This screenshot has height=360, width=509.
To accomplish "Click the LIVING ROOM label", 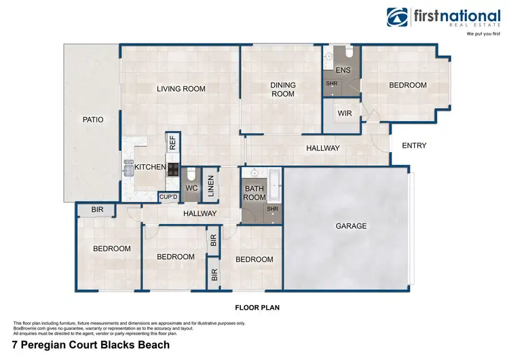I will [181, 89].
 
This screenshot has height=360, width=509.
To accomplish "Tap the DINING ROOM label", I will [283, 90].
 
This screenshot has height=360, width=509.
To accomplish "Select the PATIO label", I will [93, 120].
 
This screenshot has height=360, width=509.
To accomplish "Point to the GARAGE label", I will [351, 226].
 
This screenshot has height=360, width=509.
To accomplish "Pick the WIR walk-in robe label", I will [345, 113].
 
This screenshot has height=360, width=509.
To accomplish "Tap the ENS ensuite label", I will [343, 70].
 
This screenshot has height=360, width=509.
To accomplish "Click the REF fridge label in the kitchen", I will [172, 143].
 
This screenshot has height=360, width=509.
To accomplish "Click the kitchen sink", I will [128, 168].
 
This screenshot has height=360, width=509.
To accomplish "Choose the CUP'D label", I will [168, 198].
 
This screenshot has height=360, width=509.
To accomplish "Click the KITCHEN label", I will [149, 167].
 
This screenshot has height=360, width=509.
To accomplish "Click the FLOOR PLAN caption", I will [257, 308].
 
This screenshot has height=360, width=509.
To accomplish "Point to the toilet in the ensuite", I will [348, 53].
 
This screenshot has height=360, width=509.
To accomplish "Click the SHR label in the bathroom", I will [273, 209].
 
